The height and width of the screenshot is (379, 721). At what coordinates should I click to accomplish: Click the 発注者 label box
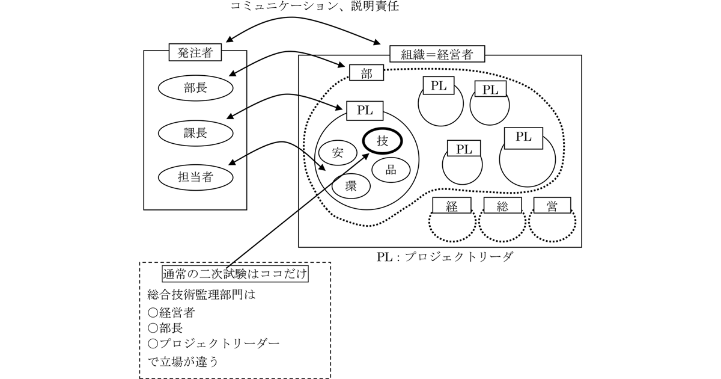(x=195, y=52)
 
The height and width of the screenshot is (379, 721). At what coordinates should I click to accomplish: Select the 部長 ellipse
(x=195, y=88)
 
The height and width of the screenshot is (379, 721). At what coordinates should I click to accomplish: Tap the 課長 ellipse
(x=195, y=133)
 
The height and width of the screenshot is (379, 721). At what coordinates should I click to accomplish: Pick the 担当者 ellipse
(x=195, y=177)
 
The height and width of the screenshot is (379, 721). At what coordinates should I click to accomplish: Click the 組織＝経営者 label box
(x=437, y=54)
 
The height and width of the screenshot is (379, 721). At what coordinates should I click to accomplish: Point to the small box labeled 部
(x=367, y=73)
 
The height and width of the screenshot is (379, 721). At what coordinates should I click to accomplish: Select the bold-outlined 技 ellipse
(x=382, y=141)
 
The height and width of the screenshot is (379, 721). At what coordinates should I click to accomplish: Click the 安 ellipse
(x=338, y=152)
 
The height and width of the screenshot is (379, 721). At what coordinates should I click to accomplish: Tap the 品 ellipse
(x=391, y=170)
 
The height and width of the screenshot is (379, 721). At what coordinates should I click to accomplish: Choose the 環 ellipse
(x=351, y=186)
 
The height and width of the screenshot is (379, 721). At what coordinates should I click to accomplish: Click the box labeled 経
(x=452, y=205)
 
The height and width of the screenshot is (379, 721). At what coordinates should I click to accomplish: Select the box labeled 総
(x=502, y=205)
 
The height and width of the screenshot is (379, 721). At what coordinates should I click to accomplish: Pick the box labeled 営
(x=552, y=205)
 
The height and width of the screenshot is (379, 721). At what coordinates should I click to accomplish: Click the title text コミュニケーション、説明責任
(x=315, y=6)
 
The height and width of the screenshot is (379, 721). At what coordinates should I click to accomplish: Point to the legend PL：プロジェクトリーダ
(x=445, y=257)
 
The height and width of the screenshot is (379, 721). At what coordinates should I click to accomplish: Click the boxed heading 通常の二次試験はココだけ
(x=235, y=274)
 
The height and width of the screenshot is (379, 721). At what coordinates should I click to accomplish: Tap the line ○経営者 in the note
(x=171, y=312)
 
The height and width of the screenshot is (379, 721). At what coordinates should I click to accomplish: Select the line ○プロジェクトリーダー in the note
(x=214, y=344)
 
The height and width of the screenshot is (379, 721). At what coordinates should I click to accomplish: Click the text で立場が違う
(x=183, y=362)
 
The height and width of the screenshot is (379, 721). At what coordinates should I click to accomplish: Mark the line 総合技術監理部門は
(x=201, y=295)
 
